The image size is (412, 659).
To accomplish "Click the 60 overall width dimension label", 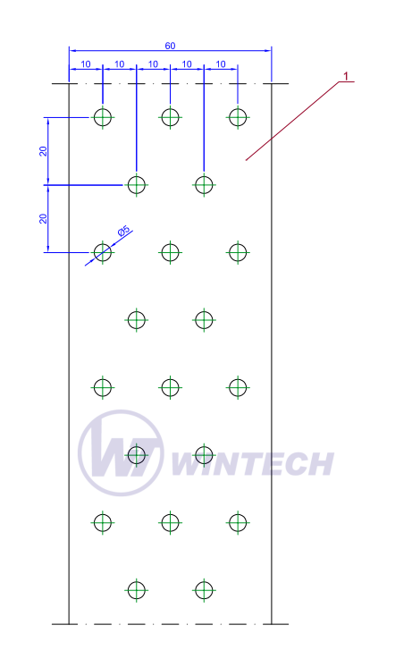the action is click(x=170, y=46).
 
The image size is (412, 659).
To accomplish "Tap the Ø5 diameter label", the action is click(x=124, y=231).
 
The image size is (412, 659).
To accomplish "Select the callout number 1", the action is click(x=346, y=76).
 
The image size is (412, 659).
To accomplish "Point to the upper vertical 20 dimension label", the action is click(x=43, y=151).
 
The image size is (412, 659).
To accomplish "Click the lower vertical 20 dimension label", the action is click(x=43, y=218).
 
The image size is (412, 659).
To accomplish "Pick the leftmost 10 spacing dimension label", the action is click(x=86, y=63).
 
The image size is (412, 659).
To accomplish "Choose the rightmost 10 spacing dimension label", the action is click(x=221, y=63).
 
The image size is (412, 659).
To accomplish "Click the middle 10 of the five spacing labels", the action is click(x=154, y=63).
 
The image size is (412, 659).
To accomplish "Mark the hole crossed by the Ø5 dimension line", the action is click(x=103, y=252).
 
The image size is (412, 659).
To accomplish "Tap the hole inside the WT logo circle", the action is click(x=137, y=455).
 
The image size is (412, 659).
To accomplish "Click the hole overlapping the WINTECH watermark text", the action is click(x=204, y=455).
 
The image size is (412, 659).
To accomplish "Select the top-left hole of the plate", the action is click(x=103, y=117).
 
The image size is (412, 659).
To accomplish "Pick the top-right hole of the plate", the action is click(x=238, y=117).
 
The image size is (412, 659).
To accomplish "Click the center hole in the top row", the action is click(x=170, y=117).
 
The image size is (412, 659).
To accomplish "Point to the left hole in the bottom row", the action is click(x=137, y=590).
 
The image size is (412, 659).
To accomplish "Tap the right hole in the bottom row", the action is click(x=204, y=590).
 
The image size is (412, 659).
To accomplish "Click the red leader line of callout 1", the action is click(x=292, y=121).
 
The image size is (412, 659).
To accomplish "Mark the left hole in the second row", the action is click(x=137, y=185).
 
